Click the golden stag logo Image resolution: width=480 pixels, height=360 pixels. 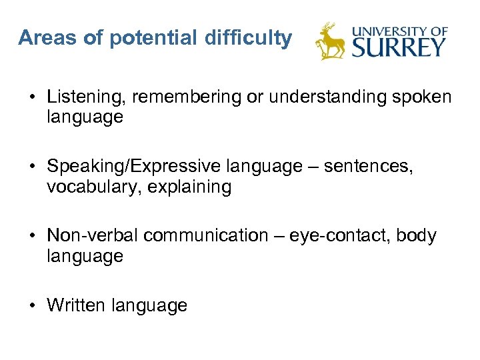(331, 42)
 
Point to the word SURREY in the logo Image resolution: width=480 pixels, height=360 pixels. (399, 47)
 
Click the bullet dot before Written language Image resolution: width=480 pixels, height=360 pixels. (32, 306)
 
